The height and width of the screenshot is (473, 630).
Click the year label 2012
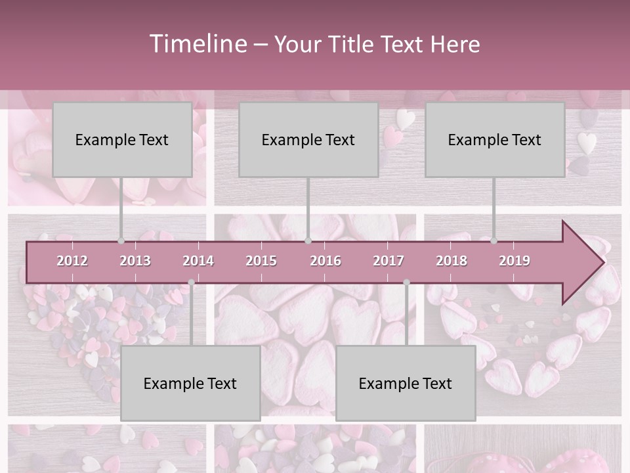point(72,261)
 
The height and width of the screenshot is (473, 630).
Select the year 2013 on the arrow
point(135,261)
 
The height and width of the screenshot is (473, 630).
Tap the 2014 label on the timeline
point(198,261)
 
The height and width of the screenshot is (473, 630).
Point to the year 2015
point(261,261)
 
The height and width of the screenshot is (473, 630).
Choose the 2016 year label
point(325,261)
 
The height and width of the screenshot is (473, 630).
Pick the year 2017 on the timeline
point(388,261)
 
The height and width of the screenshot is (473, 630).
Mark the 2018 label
point(451,261)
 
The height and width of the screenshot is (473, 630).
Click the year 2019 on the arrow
point(514,261)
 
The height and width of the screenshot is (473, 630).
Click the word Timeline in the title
point(197,44)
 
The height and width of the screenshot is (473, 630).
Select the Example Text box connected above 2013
point(122,139)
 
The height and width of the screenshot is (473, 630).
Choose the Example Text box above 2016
point(308,139)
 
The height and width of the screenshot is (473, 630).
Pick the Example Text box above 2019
point(495,139)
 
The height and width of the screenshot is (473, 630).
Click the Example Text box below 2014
point(190,383)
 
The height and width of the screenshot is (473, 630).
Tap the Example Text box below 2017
point(406,383)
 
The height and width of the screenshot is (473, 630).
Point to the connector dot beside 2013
point(121,241)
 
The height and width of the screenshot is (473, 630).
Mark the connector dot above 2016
point(308,241)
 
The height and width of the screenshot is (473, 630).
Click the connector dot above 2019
point(494,241)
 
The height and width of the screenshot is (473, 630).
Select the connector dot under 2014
point(191,282)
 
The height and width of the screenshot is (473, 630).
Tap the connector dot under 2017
point(406,282)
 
